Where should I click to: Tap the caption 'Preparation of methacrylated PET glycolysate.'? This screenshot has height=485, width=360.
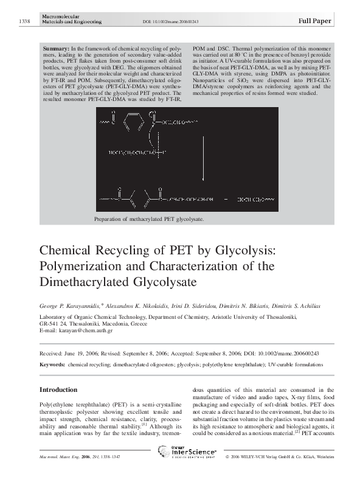tap(148, 218)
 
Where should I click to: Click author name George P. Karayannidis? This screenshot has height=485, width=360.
tap(71, 305)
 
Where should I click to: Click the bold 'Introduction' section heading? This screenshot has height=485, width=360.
tap(58, 389)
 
